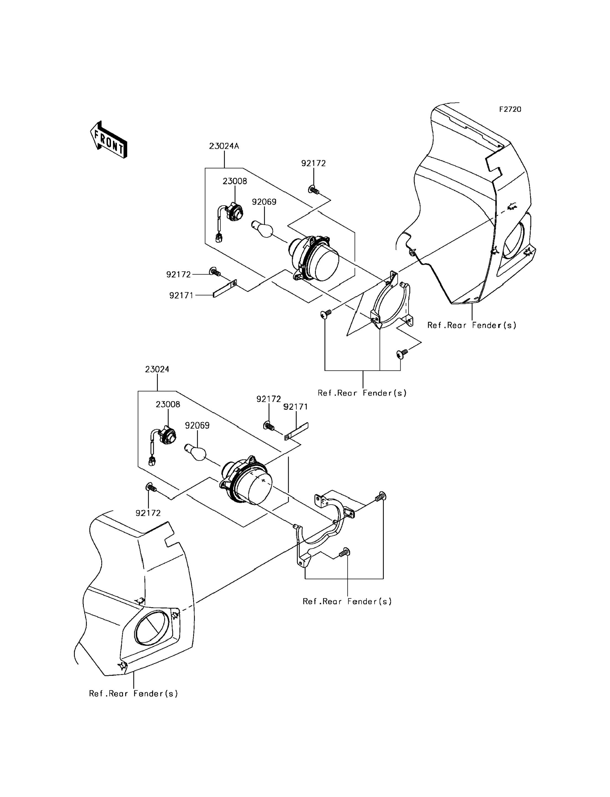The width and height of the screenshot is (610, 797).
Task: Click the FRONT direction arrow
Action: tap(109, 140)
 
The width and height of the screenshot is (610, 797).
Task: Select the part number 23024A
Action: tap(224, 146)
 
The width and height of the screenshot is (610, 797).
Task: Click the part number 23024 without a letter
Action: tap(157, 369)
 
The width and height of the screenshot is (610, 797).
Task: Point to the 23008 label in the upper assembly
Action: tap(235, 181)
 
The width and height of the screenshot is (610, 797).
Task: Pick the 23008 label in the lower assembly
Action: tap(168, 404)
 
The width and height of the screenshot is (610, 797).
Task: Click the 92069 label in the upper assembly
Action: tap(264, 202)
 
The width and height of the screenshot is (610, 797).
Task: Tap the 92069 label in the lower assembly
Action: tap(198, 425)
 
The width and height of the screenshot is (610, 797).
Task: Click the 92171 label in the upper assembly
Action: tap(182, 295)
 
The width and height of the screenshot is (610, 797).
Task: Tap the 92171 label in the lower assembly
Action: tap(296, 407)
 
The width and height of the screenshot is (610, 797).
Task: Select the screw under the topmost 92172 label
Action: tap(313, 190)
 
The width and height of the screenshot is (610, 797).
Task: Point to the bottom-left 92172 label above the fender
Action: tap(148, 513)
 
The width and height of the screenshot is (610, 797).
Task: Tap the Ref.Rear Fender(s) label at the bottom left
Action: tap(134, 694)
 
